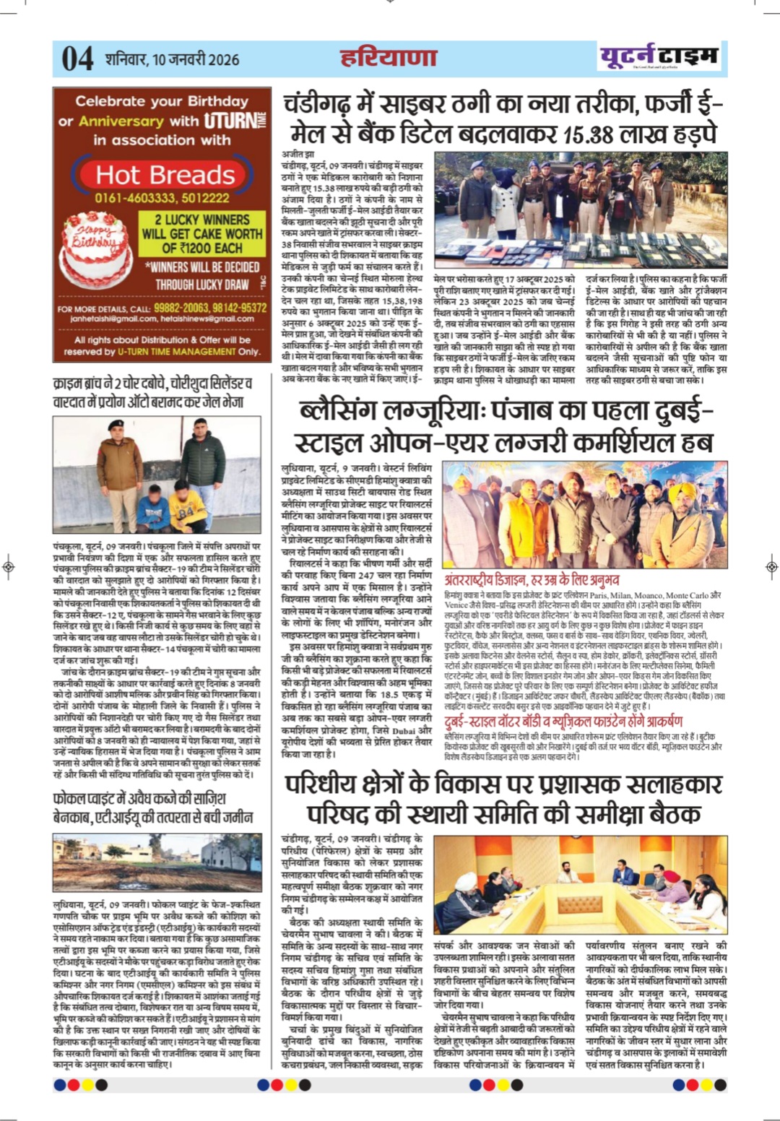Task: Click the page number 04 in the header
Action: [x=77, y=59]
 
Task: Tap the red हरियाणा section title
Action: [x=389, y=57]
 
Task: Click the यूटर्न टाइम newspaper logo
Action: [x=659, y=56]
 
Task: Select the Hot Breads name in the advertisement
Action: [x=165, y=175]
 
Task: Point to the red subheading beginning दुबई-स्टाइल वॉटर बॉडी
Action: [x=563, y=721]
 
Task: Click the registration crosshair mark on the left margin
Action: [x=9, y=567]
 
